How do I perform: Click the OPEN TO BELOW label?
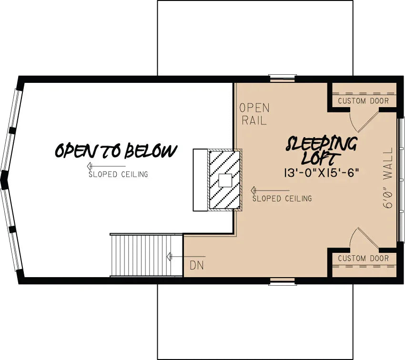(116, 151)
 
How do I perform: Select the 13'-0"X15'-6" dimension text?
(321, 172)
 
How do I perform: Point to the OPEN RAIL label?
(254, 114)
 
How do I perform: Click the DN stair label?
(196, 265)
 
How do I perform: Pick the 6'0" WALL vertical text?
(389, 178)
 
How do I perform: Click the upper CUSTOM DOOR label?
(363, 101)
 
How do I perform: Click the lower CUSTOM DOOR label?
(363, 258)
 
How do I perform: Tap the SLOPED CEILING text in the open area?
(118, 174)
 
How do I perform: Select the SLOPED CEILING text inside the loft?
(282, 198)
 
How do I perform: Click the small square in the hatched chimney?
(225, 180)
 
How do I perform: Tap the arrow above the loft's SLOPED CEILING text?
(269, 190)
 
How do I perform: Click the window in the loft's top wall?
(282, 78)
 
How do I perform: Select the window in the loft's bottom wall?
(282, 281)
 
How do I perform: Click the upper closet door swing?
(363, 121)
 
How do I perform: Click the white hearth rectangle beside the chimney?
(200, 180)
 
